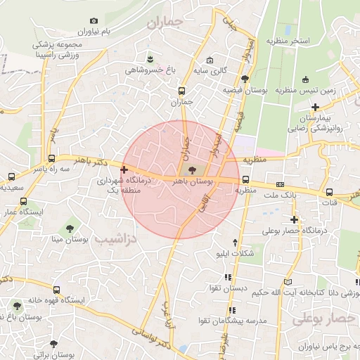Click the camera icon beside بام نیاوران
pyautogui.click(x=94, y=21)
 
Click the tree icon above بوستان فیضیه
pyautogui.click(x=244, y=79)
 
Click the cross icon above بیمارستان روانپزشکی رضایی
pyautogui.click(x=316, y=107)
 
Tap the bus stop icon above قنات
pyautogui.click(x=330, y=192)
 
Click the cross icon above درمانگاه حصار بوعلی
pyautogui.click(x=294, y=220)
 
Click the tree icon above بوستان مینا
pyautogui.click(x=69, y=228)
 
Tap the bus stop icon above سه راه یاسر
pyautogui.click(x=51, y=158)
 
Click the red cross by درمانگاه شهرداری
pyautogui.click(x=124, y=169)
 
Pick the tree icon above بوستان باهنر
pyautogui.click(x=192, y=169)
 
